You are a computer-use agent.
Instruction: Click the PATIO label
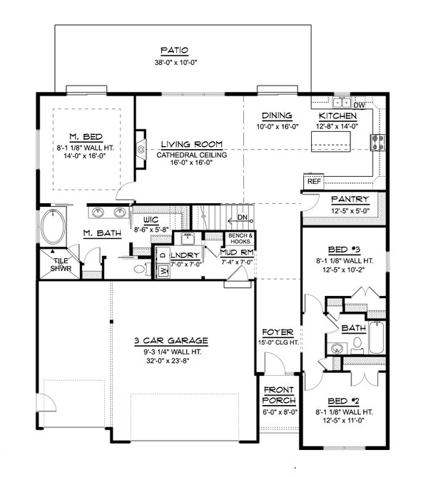click(x=173, y=51)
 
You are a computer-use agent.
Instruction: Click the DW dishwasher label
click(x=360, y=106)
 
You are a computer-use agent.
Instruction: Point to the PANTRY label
click(x=350, y=199)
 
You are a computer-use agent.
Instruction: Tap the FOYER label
click(x=275, y=332)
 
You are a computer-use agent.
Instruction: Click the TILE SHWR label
click(x=60, y=265)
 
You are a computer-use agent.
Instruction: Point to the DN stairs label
click(x=242, y=217)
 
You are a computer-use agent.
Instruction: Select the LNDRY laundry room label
click(x=183, y=255)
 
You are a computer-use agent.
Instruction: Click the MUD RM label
click(x=236, y=252)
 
